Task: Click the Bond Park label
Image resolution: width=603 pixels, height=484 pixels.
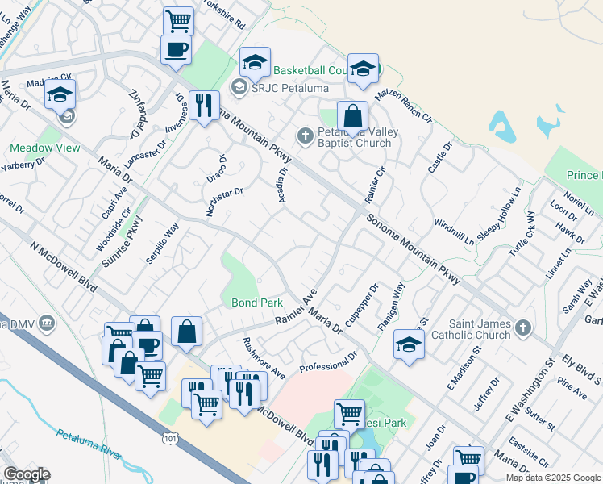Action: point(257,303)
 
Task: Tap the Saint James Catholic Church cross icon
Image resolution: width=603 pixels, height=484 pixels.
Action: point(523,328)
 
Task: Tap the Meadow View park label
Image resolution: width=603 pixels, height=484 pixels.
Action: point(45,148)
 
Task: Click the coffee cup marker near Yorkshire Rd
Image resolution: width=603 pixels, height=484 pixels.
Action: point(176,50)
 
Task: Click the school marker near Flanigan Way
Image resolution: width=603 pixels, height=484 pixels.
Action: point(409,344)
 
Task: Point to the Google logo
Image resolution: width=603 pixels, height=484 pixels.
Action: point(27,474)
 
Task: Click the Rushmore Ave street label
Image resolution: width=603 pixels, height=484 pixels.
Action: point(264,358)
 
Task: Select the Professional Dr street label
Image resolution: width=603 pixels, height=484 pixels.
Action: point(327,361)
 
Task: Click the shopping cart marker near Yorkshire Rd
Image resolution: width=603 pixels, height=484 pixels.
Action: point(178,19)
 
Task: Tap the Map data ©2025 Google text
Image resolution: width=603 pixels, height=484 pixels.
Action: point(552,478)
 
